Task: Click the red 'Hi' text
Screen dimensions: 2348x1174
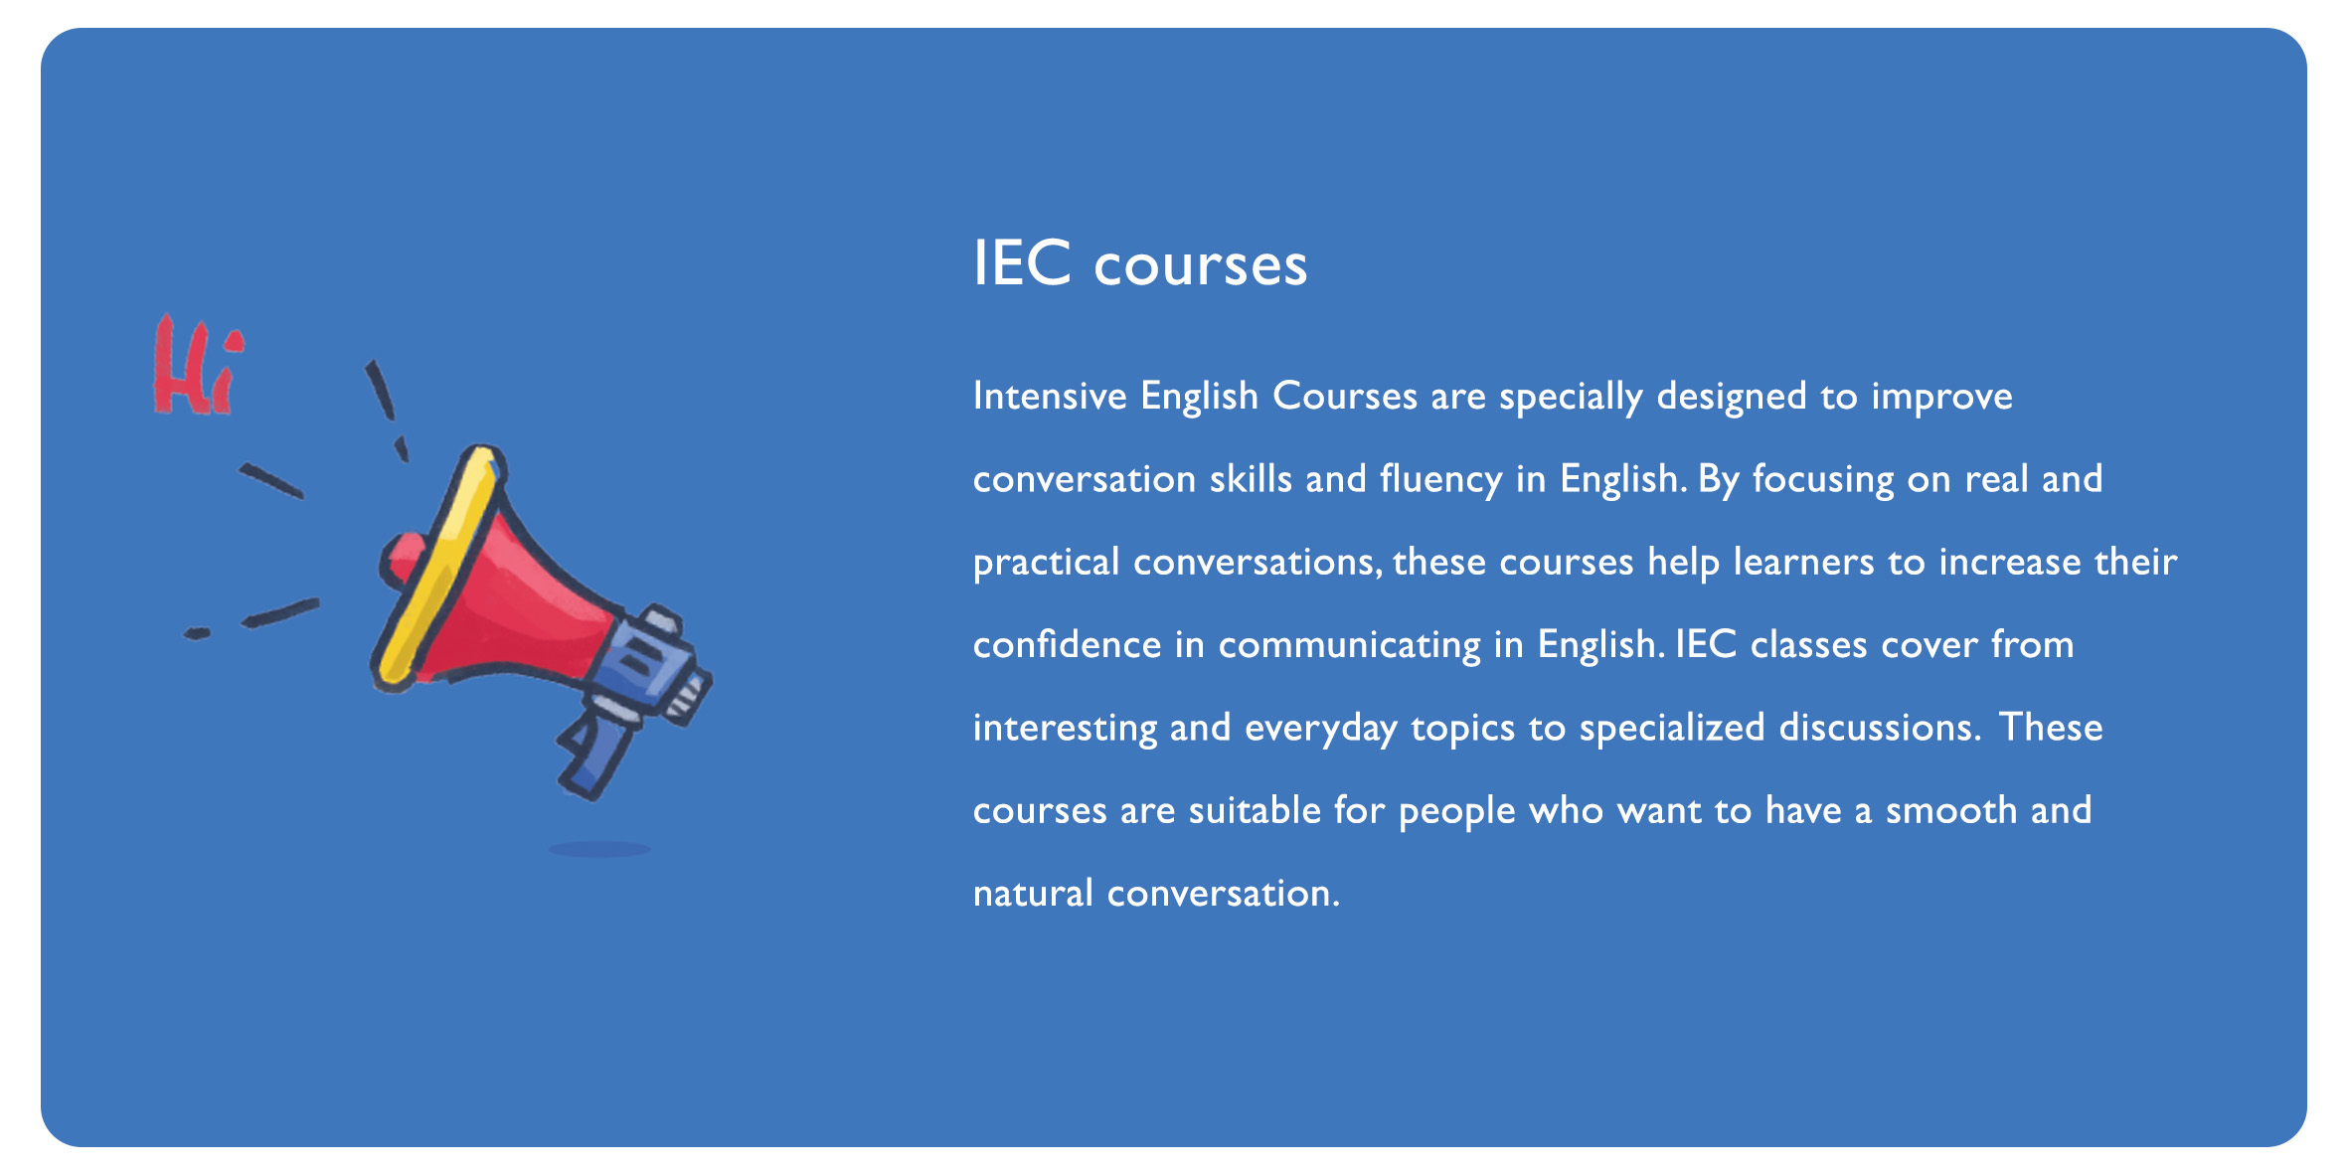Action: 197,366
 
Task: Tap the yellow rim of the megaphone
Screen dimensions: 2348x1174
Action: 437,567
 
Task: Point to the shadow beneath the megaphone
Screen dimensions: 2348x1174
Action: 599,849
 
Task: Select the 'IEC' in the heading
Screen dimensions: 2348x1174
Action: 1022,263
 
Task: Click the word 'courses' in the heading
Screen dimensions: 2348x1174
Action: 1201,266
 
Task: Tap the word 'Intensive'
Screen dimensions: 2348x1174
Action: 1050,396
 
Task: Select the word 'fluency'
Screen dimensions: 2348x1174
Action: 1441,480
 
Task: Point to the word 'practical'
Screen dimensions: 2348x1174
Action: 1047,563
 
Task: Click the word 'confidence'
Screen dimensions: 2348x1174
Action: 1068,644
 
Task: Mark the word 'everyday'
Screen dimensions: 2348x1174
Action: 1321,729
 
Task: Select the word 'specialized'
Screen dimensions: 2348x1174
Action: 1672,729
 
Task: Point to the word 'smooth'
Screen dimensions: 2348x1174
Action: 1951,810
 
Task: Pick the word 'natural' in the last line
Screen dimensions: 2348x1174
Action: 1034,894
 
